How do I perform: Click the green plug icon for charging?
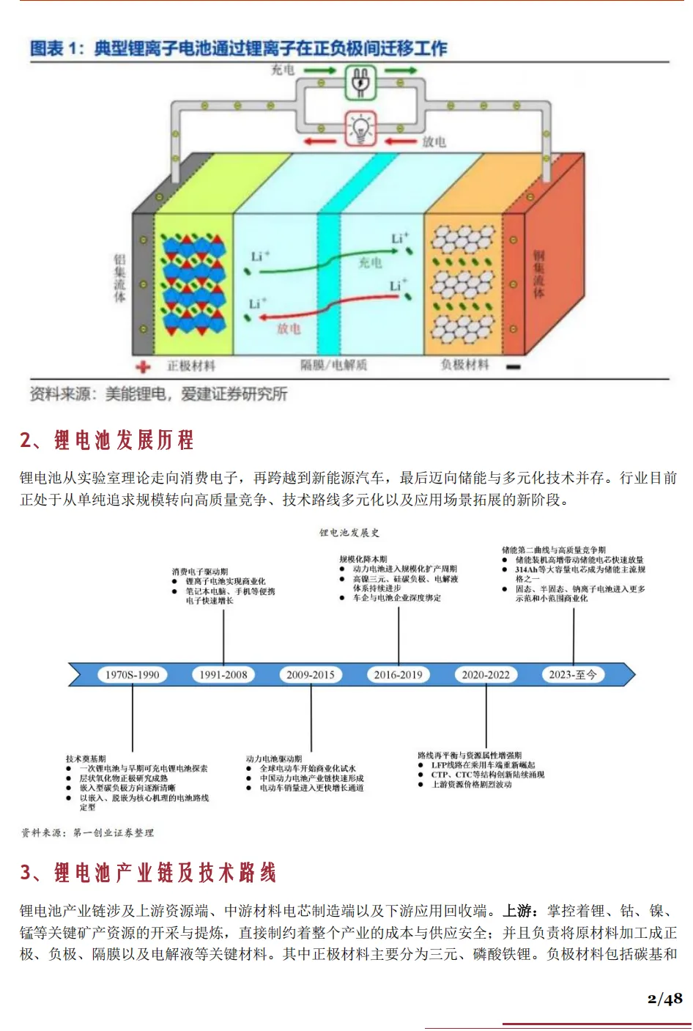click(360, 83)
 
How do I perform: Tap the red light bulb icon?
click(360, 129)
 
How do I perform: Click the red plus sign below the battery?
click(143, 366)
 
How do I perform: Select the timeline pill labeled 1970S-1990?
click(133, 675)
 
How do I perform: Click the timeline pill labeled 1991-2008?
click(223, 675)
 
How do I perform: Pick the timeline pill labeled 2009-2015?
click(311, 675)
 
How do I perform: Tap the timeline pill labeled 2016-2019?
click(399, 675)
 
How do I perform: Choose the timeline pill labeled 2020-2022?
click(486, 675)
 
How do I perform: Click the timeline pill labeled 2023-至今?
click(573, 675)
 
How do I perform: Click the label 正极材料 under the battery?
click(191, 366)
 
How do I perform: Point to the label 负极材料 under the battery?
click(464, 364)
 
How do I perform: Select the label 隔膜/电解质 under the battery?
click(333, 365)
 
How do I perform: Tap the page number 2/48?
click(664, 998)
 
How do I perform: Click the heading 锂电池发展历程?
click(124, 440)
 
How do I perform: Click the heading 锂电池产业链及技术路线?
click(165, 873)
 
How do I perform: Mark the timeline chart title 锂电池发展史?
click(349, 533)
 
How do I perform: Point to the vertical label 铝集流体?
click(119, 278)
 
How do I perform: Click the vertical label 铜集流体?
click(538, 274)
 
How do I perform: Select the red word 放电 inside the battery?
click(289, 329)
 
